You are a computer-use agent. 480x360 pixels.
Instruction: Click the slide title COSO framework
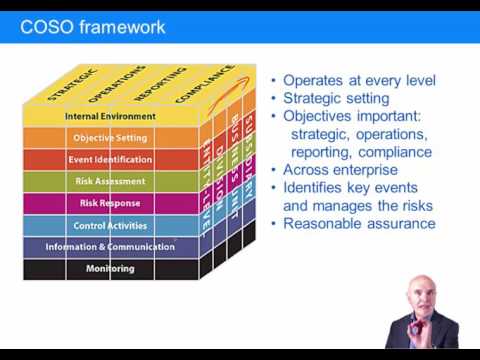(x=93, y=27)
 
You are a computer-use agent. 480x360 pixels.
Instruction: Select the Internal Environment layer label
(x=109, y=116)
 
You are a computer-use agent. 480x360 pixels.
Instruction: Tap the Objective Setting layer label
(x=110, y=138)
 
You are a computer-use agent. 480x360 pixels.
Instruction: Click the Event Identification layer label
(x=110, y=160)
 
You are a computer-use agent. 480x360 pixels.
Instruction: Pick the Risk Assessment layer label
(x=110, y=182)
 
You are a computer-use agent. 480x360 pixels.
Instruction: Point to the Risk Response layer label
(x=110, y=203)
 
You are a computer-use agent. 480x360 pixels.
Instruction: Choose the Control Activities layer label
(x=110, y=225)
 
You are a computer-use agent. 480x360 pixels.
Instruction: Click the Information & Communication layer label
(x=109, y=247)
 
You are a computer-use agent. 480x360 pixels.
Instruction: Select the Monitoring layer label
(x=110, y=268)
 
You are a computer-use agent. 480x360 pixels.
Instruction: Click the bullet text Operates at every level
(x=358, y=81)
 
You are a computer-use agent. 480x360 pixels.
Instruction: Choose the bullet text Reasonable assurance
(x=359, y=224)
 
